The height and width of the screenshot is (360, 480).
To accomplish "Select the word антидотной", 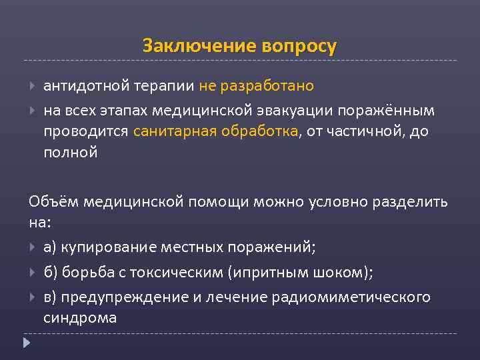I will pos(85,86).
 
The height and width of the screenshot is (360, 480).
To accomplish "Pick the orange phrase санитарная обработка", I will pos(224,131).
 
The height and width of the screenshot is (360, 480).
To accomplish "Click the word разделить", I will pos(410,202).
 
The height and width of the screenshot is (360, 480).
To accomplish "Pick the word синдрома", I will pos(80,318).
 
